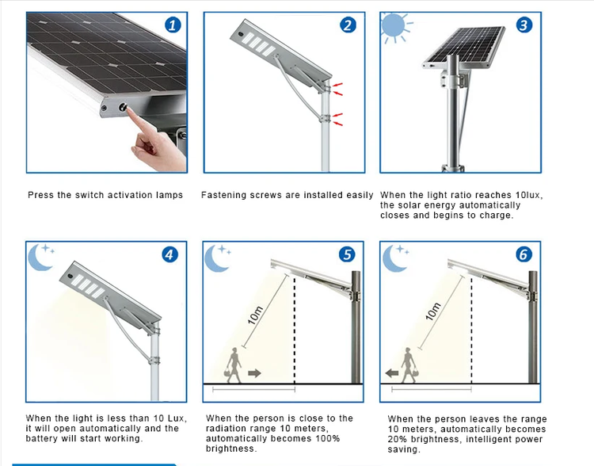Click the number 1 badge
coord(173,25)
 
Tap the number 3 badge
coord(524,25)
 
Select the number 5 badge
coord(347,254)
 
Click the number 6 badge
coord(524,254)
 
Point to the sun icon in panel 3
coord(394,26)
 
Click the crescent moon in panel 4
coord(40,258)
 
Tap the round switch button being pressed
coord(123,107)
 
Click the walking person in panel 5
coord(234,365)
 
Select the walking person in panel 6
coord(409,365)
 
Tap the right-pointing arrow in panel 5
coord(254,373)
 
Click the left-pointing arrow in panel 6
coord(392,373)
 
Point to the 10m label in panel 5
coord(255,315)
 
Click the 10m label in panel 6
coord(433,311)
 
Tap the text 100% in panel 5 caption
coord(326,439)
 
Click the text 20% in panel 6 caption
coord(398,440)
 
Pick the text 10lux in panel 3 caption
coord(529,196)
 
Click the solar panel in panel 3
coord(465,47)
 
